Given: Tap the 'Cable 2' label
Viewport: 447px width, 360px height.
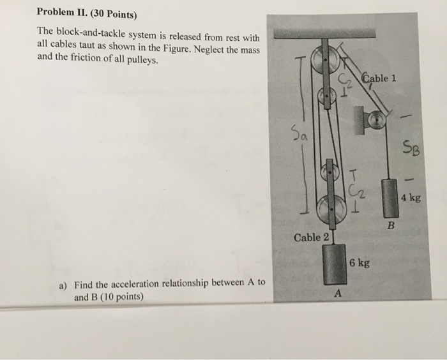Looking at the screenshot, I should [x=312, y=238].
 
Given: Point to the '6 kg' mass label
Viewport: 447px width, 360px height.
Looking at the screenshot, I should [x=360, y=262].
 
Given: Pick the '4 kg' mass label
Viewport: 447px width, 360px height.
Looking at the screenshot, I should [x=411, y=199].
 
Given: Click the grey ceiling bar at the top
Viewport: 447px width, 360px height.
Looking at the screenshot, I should [x=349, y=33].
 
